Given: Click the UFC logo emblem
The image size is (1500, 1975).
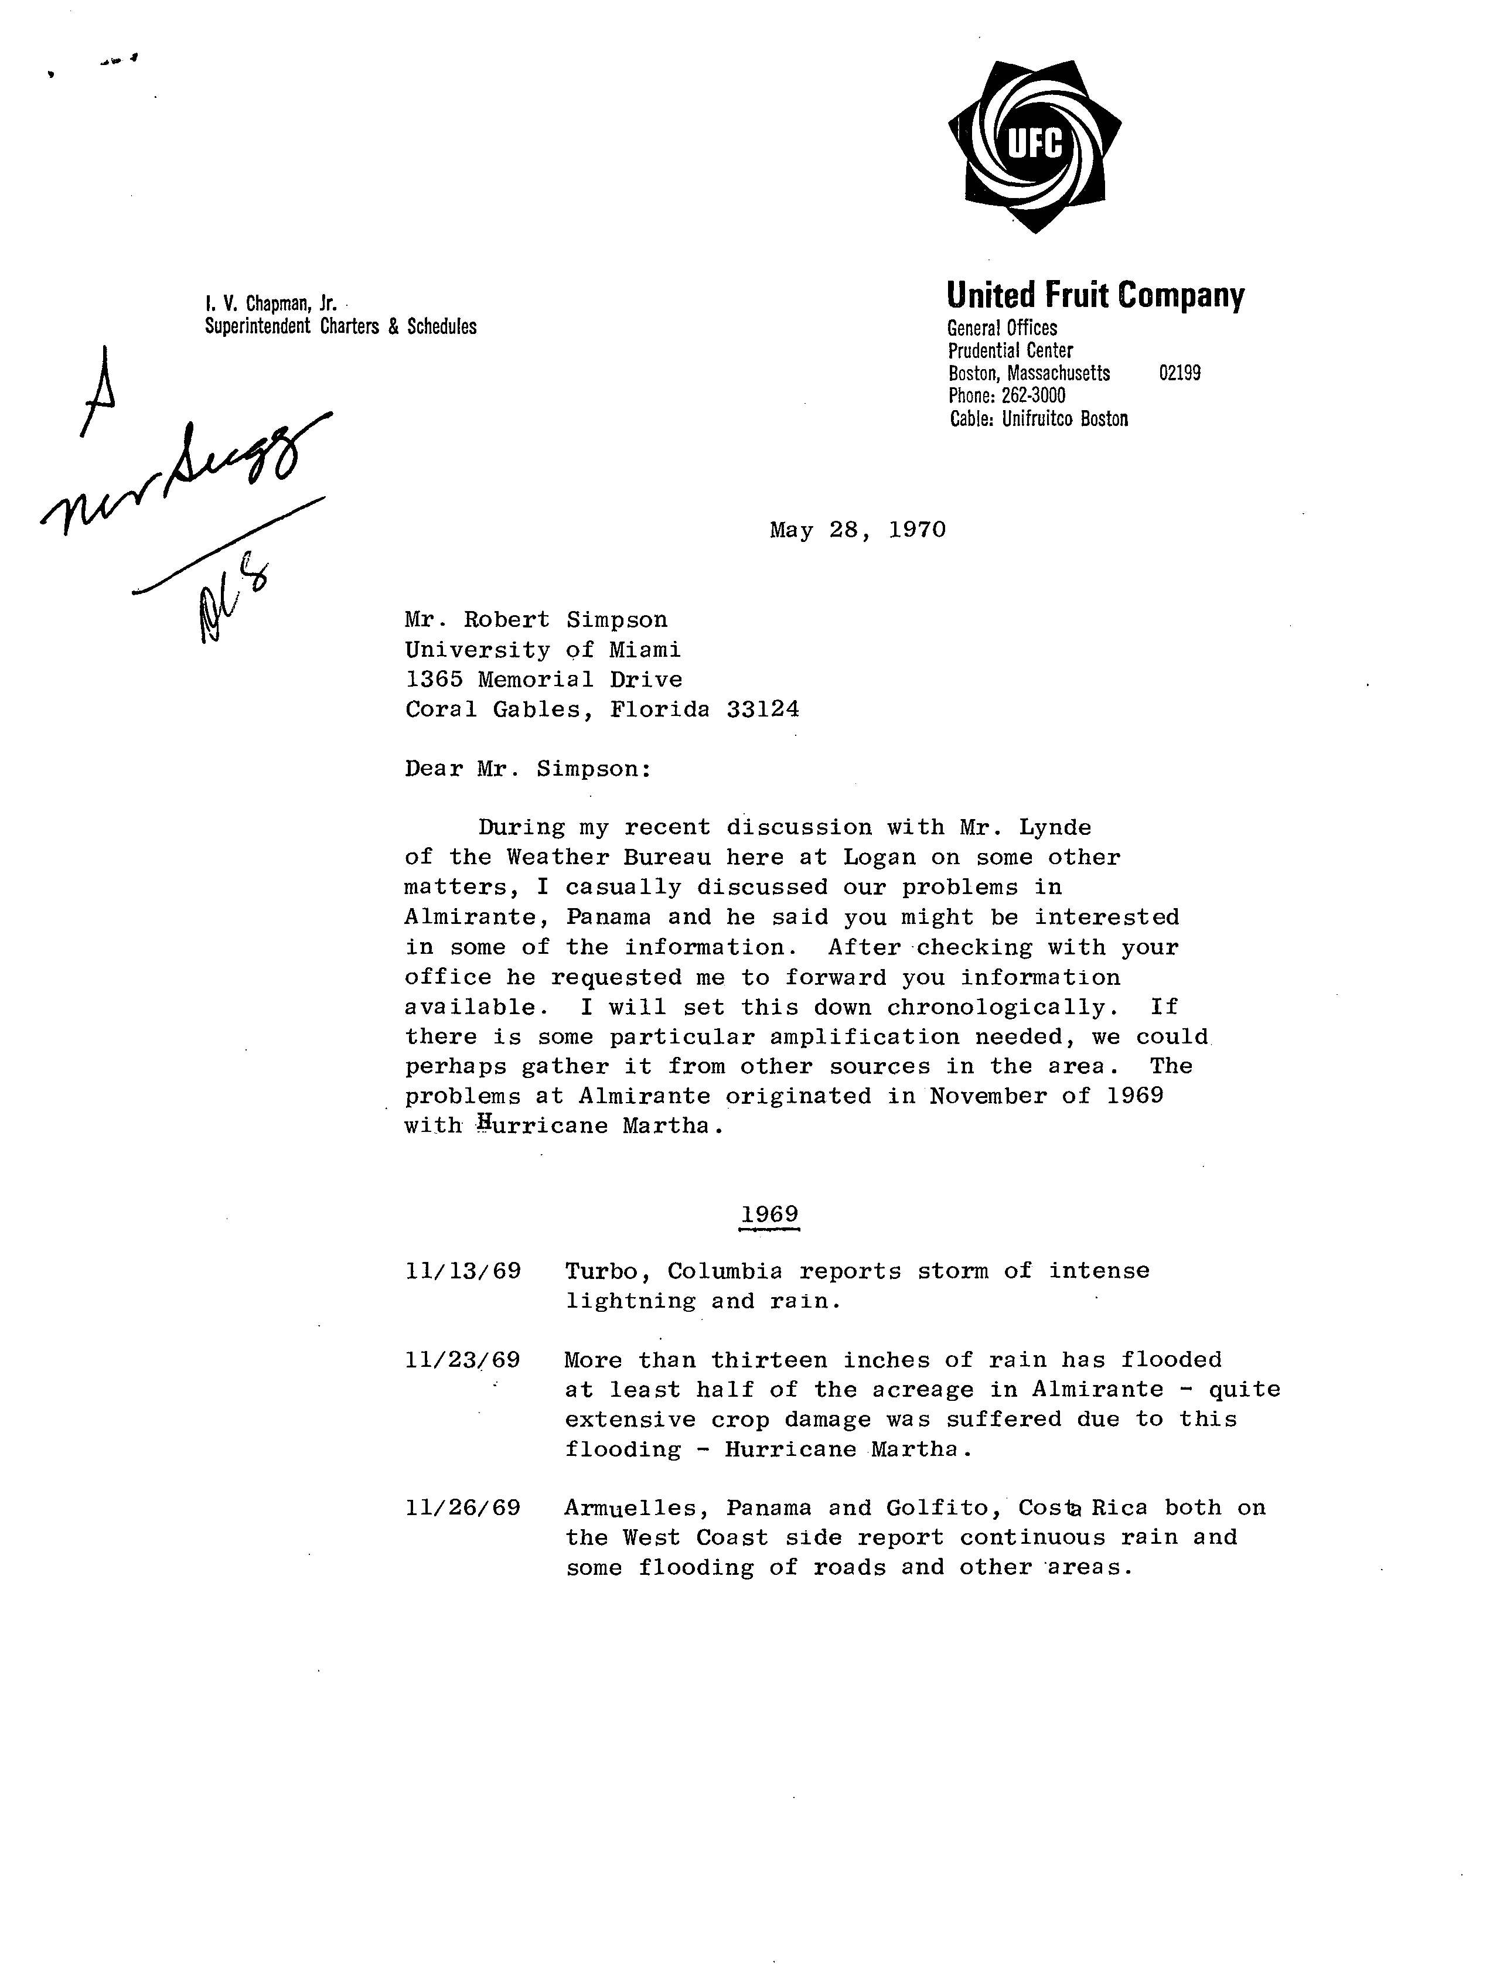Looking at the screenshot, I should pos(1035,145).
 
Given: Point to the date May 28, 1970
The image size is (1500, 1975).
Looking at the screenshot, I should pos(857,530).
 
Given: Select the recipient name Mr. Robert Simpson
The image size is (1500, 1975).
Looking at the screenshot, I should pos(536,620).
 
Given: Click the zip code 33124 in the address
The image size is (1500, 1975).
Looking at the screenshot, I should pos(762,710).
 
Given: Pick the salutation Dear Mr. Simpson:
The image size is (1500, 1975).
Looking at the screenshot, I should pos(528,769).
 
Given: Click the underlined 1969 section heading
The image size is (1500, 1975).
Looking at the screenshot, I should pos(769,1215).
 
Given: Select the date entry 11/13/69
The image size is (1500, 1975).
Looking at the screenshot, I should pos(462,1271).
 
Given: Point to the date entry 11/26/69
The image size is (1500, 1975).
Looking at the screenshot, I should pos(462,1508).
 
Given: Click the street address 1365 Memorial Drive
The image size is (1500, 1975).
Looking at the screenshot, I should pos(544,680).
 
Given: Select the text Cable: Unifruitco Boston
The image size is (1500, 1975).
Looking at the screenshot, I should pos(1038,419).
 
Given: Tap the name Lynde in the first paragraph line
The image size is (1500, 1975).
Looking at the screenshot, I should pos(1055,828).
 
